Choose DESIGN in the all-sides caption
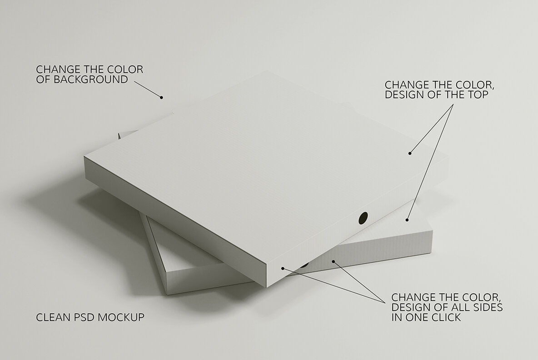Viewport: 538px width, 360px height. (408, 308)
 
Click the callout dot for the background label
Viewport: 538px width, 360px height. (161, 97)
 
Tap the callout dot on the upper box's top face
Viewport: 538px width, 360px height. (409, 153)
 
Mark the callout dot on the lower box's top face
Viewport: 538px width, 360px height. (407, 220)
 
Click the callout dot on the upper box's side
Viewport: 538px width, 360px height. (282, 268)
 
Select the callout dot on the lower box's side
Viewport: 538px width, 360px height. (334, 261)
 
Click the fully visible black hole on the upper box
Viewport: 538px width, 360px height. (363, 218)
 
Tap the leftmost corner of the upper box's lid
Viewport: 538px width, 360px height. (84, 157)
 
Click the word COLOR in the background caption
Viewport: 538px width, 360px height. (127, 70)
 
